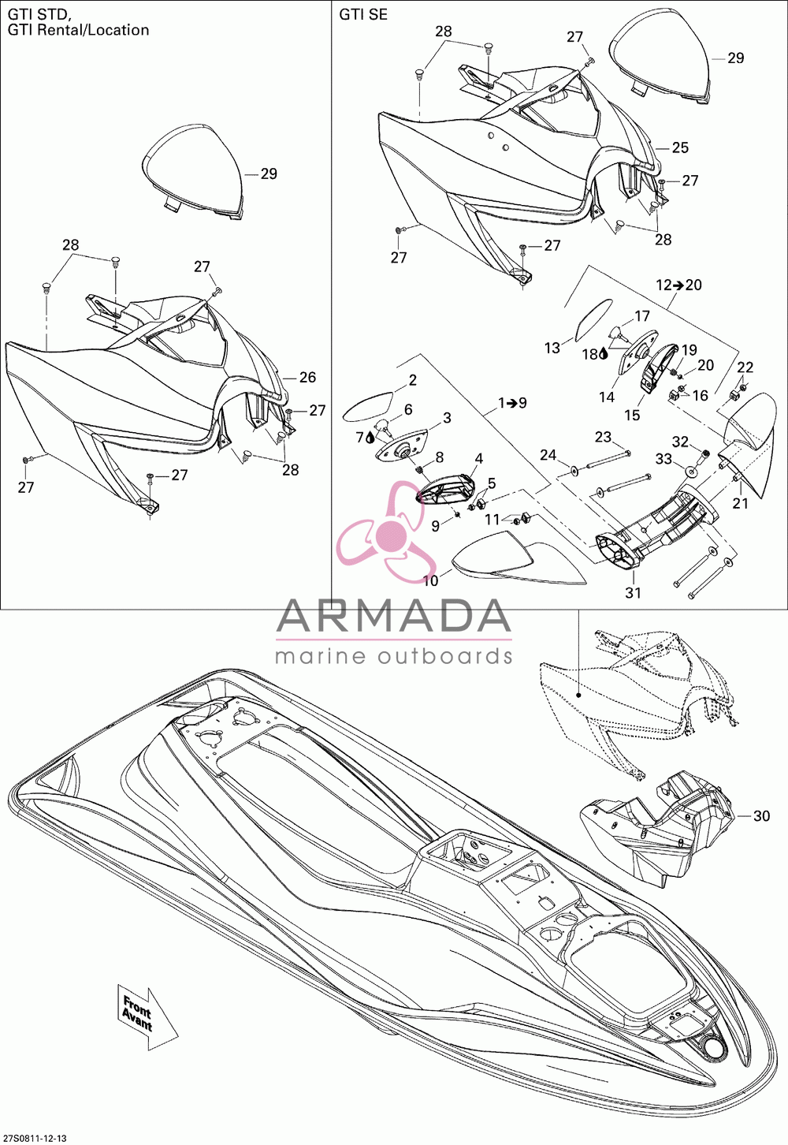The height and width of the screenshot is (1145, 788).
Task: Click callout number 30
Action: click(761, 816)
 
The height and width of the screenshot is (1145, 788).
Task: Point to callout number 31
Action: click(634, 592)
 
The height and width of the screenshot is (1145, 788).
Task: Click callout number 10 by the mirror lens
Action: click(431, 581)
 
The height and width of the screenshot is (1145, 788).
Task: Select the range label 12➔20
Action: click(678, 285)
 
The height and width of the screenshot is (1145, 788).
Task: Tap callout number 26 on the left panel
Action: click(307, 377)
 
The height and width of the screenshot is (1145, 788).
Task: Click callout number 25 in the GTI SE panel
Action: click(680, 147)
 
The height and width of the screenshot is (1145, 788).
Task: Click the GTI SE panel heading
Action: click(363, 15)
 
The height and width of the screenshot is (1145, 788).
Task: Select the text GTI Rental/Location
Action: click(78, 30)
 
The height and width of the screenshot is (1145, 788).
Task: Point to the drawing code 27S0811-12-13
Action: click(34, 1139)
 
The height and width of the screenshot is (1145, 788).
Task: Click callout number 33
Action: click(663, 459)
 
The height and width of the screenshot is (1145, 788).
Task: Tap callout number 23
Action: click(603, 437)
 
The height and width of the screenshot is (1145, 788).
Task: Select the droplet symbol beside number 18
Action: click(604, 352)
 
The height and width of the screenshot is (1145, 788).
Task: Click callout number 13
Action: click(552, 348)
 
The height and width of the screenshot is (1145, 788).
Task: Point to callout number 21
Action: click(741, 503)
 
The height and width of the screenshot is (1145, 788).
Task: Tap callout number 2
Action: click(413, 379)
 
